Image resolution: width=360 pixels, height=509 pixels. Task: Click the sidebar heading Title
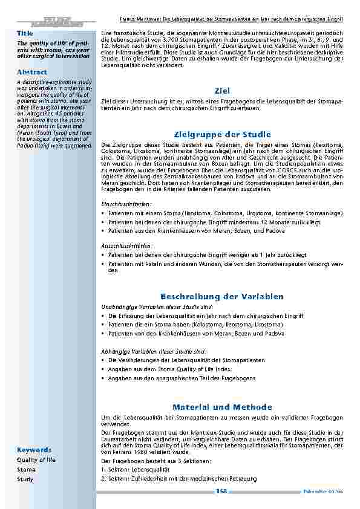coord(25,32)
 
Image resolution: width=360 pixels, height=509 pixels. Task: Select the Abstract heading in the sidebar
coord(32,72)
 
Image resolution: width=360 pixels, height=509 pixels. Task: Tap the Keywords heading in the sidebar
coord(34,450)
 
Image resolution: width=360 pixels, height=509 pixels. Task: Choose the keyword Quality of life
coord(36,459)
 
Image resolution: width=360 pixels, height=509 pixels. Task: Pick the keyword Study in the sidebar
coord(25,479)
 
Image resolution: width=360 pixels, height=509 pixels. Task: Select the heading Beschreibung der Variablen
coord(222,296)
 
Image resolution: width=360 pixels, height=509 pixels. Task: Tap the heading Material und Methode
coord(222,407)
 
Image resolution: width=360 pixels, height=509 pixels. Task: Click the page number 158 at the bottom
coord(221,491)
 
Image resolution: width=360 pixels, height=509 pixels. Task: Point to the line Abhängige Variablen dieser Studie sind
coord(154,351)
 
